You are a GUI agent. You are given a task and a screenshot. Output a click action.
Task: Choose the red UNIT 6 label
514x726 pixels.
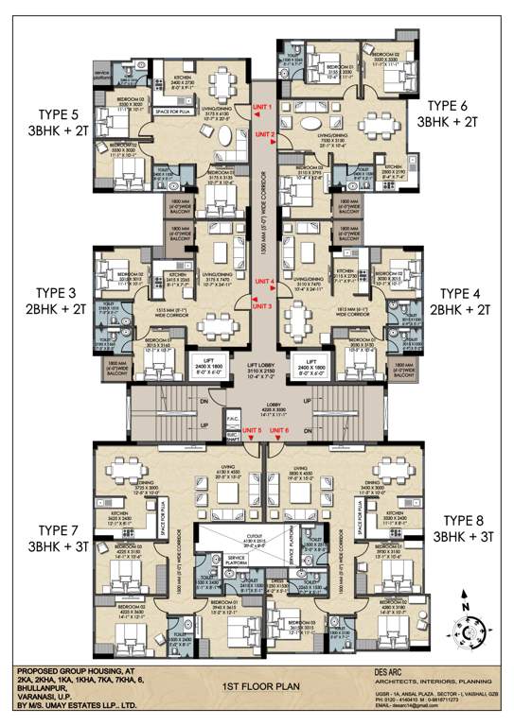[277, 405]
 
